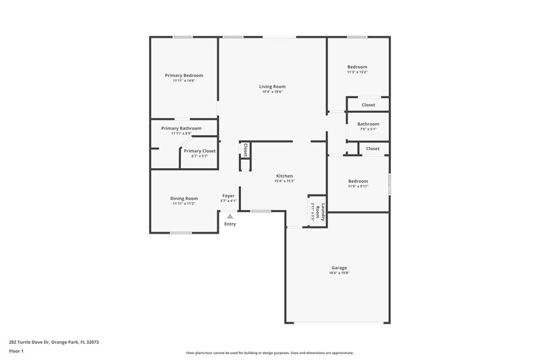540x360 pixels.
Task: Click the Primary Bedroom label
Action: click(184, 76)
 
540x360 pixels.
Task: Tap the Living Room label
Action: click(272, 86)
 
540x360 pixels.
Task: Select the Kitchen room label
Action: click(283, 176)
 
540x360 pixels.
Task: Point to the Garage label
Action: click(339, 267)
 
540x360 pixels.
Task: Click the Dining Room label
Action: click(184, 198)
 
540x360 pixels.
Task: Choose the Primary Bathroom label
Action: click(181, 128)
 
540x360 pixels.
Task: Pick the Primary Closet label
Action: click(200, 151)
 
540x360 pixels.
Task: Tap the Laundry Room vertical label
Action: click(323, 213)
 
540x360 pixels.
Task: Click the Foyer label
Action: click(229, 195)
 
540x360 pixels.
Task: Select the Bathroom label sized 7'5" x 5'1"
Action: click(368, 124)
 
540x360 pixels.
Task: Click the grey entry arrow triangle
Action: click(230, 216)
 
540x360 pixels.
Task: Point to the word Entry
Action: click(230, 224)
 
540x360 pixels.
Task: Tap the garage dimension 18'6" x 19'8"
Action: click(338, 274)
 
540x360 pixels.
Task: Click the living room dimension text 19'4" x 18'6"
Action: click(272, 92)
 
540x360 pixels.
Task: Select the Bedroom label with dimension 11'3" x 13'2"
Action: click(357, 67)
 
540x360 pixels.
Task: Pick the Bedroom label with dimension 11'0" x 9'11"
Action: click(358, 181)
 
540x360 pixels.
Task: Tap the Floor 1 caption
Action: click(17, 351)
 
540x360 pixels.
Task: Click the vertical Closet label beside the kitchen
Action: click(246, 150)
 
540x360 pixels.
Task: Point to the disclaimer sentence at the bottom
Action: click(269, 353)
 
